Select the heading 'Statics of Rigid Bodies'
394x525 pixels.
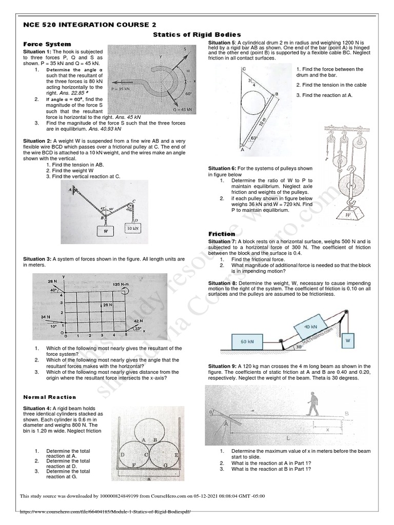click(x=197, y=34)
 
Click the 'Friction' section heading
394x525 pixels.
click(x=221, y=234)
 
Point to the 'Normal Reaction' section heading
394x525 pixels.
click(x=50, y=397)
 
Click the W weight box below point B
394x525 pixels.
click(x=106, y=231)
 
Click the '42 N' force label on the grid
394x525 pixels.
click(x=137, y=320)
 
